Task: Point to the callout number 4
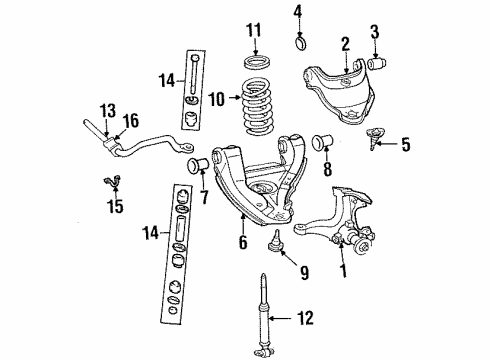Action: pyautogui.click(x=296, y=13)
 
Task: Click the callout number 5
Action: pyautogui.click(x=405, y=146)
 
